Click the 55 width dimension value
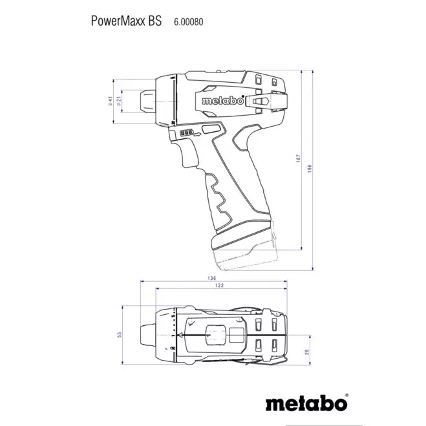119,335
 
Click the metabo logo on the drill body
222,101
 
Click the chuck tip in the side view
145,101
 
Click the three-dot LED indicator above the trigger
186,133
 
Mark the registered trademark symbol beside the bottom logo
346,396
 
